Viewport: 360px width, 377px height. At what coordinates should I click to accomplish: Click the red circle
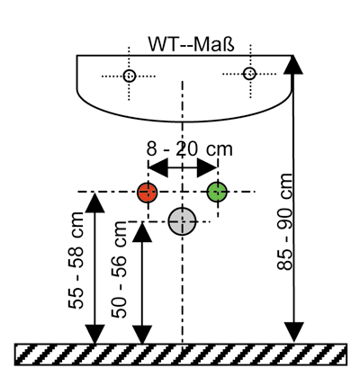(148, 193)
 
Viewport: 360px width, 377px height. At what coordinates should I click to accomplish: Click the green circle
(217, 192)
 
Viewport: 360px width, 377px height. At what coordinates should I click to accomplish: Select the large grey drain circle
(182, 221)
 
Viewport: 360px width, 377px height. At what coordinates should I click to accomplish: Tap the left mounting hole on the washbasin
(130, 76)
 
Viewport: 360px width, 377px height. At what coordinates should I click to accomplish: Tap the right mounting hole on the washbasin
(249, 74)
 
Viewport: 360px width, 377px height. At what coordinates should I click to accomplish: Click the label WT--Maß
(191, 44)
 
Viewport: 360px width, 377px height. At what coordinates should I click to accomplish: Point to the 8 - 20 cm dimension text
(190, 148)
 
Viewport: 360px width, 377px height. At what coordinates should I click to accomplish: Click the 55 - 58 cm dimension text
(76, 260)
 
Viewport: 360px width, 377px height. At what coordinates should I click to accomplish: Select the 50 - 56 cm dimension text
(119, 269)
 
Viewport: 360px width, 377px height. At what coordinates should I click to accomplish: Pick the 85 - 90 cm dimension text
(284, 221)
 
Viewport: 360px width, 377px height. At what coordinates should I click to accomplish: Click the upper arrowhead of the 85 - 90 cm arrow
(293, 65)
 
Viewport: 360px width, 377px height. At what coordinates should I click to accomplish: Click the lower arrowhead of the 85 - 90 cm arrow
(293, 332)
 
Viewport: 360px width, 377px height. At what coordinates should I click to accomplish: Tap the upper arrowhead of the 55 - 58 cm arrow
(94, 203)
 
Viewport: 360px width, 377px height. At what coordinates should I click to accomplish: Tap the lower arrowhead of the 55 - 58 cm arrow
(94, 334)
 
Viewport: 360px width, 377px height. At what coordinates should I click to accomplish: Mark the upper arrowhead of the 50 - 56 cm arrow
(142, 232)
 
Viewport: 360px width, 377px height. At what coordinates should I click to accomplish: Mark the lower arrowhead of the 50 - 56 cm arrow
(142, 334)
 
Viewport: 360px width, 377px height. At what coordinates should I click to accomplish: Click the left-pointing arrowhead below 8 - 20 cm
(158, 168)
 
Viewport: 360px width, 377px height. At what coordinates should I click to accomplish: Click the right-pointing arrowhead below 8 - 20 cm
(207, 168)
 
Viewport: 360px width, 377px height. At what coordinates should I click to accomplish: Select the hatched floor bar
(181, 355)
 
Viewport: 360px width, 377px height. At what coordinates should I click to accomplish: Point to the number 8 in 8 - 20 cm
(151, 148)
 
